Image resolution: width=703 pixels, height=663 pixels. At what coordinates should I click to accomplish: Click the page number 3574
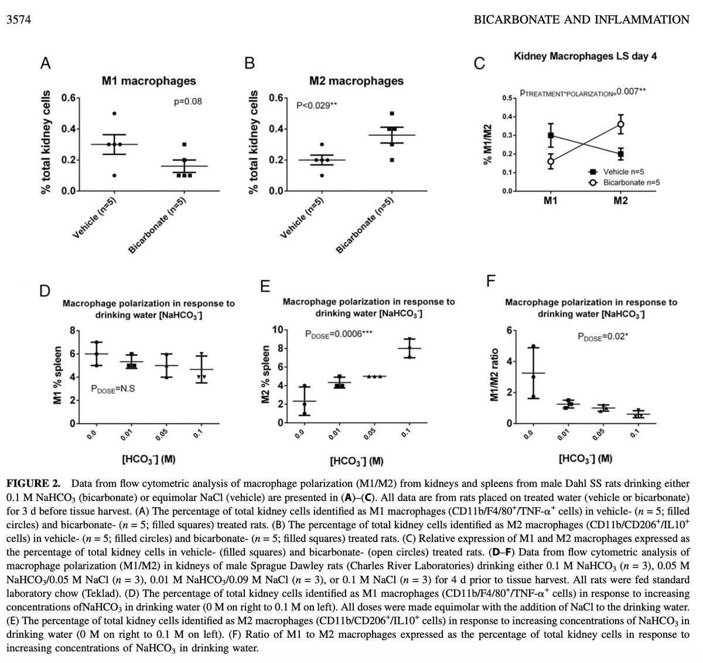[x=18, y=20]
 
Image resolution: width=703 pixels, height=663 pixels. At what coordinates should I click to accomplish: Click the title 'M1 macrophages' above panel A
[x=149, y=81]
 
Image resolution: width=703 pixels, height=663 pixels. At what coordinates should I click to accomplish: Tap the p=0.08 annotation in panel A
[x=188, y=102]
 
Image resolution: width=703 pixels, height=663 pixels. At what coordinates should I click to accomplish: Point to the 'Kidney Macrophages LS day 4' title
[x=585, y=56]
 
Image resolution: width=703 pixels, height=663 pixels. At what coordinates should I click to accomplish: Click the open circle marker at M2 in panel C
[x=620, y=124]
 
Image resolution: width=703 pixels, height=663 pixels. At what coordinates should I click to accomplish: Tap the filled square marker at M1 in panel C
[x=551, y=135]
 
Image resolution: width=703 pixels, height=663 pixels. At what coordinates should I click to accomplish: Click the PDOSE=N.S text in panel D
[x=114, y=388]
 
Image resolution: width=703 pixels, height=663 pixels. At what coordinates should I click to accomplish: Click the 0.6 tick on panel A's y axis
[x=68, y=98]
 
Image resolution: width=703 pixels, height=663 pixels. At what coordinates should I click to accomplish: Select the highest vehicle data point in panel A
[x=114, y=114]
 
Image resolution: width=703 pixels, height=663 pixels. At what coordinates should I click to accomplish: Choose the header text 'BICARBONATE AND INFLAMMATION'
[x=581, y=20]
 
